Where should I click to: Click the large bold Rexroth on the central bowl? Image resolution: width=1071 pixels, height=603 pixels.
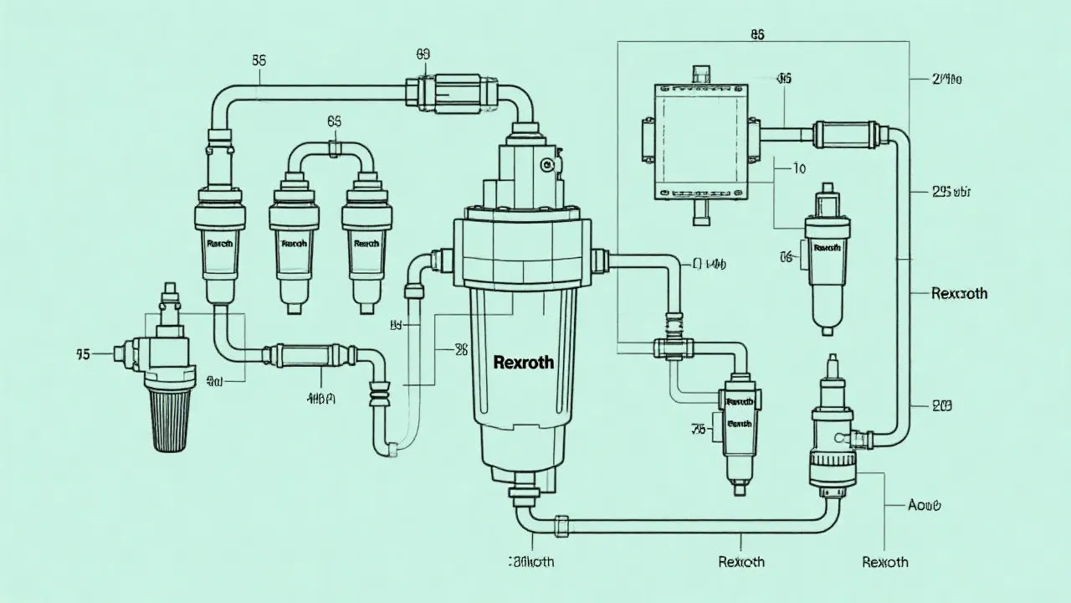[523, 363]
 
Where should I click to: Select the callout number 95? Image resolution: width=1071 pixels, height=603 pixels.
[82, 354]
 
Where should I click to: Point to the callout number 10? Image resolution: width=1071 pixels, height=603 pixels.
[799, 168]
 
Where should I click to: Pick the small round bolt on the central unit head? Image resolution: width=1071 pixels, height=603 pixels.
[548, 165]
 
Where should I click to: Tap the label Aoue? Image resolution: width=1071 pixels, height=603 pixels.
[925, 505]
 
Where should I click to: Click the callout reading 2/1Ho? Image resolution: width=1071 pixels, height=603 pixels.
[946, 80]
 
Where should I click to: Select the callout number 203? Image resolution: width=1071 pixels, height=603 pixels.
[941, 406]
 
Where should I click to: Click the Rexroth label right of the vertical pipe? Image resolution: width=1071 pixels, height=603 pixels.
[959, 293]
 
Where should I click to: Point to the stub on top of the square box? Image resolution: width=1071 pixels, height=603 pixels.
[700, 71]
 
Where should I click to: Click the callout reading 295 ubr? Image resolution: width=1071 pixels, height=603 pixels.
[951, 192]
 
